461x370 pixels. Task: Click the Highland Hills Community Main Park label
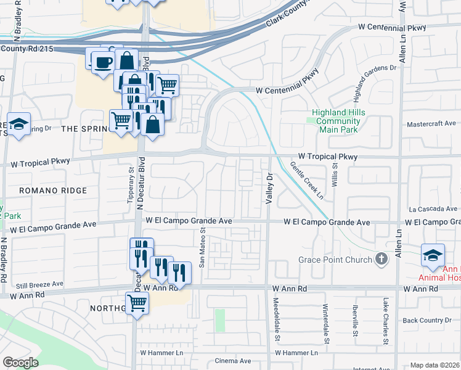(x=338, y=121)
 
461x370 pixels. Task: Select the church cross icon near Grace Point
(x=381, y=259)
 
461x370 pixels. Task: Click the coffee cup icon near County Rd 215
(x=103, y=62)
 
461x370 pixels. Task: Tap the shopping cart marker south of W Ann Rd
(x=137, y=302)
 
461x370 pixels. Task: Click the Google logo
(x=20, y=363)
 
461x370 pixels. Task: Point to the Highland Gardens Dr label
(x=374, y=83)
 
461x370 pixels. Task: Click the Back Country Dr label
(x=427, y=320)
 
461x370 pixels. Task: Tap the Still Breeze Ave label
(x=39, y=284)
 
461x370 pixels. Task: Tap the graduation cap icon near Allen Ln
(x=433, y=255)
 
